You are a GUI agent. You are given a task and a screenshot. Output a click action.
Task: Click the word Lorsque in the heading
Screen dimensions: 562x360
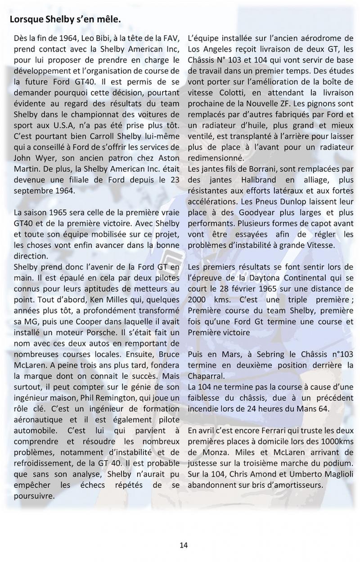pyautogui.click(x=27, y=20)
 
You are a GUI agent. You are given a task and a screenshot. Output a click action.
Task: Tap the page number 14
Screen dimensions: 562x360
pyautogui.click(x=184, y=545)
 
